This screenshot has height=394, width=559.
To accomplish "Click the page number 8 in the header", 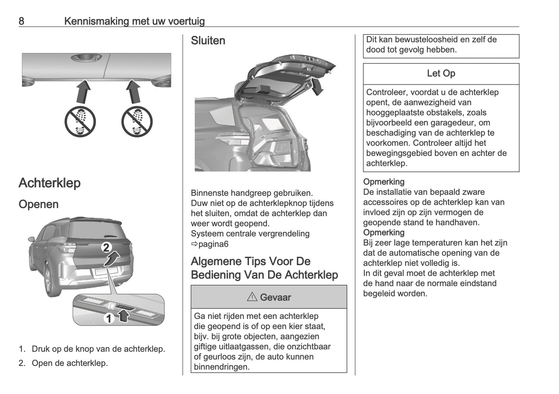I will tap(21, 21).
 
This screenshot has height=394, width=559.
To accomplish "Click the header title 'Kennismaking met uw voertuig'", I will tap(134, 21).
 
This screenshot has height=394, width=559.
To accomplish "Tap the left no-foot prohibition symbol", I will tap(80, 122).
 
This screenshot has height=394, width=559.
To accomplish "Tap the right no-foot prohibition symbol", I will tap(137, 122).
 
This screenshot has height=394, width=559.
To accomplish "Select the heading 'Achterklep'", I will tap(50, 183).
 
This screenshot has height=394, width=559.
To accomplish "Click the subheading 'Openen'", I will tap(39, 204).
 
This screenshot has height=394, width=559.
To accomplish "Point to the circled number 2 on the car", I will tap(106, 248).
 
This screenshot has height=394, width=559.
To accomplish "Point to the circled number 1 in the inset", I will tap(109, 318).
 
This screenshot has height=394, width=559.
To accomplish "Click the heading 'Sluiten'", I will tap(208, 41).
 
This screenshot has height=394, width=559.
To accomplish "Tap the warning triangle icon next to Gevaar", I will tap(252, 297).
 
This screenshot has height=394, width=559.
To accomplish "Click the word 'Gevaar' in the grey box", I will tap(275, 298).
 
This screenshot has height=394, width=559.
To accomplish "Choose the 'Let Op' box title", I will tap(441, 74).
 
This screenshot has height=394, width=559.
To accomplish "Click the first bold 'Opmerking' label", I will tap(383, 182).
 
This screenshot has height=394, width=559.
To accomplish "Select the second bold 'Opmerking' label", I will tap(383, 233).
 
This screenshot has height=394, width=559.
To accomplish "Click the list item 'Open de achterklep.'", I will tap(70, 363).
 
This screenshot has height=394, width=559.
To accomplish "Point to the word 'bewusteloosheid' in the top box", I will tap(426, 39).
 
